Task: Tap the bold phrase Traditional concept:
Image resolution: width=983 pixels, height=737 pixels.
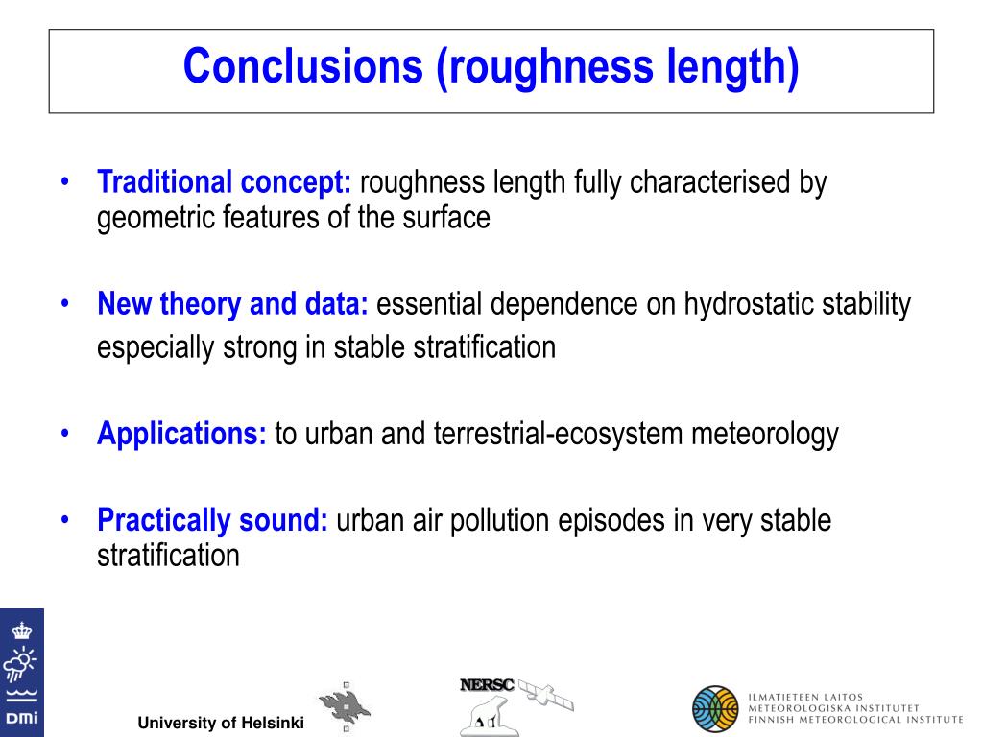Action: click(225, 181)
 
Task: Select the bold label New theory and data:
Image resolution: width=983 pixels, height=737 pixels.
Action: click(232, 304)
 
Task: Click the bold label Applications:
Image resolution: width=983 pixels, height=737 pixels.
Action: click(181, 434)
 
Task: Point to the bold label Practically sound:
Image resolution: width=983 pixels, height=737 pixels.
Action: click(212, 520)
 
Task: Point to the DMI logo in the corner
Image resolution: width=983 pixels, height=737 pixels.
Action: click(21, 673)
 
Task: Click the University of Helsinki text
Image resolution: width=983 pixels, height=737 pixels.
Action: click(221, 723)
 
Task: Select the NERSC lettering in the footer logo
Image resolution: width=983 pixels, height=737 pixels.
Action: click(487, 685)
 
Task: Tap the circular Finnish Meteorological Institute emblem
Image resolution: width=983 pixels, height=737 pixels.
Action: click(715, 709)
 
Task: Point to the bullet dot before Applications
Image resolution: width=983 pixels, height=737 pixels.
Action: click(63, 434)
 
